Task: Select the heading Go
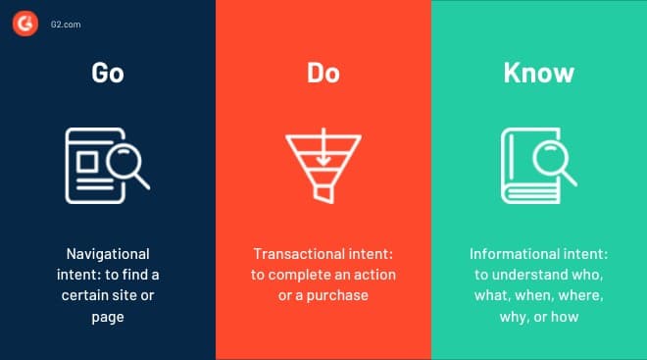click(108, 73)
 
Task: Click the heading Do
click(323, 73)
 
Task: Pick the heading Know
click(538, 73)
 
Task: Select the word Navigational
click(108, 253)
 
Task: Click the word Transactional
click(296, 253)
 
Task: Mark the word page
click(108, 316)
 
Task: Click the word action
click(372, 274)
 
